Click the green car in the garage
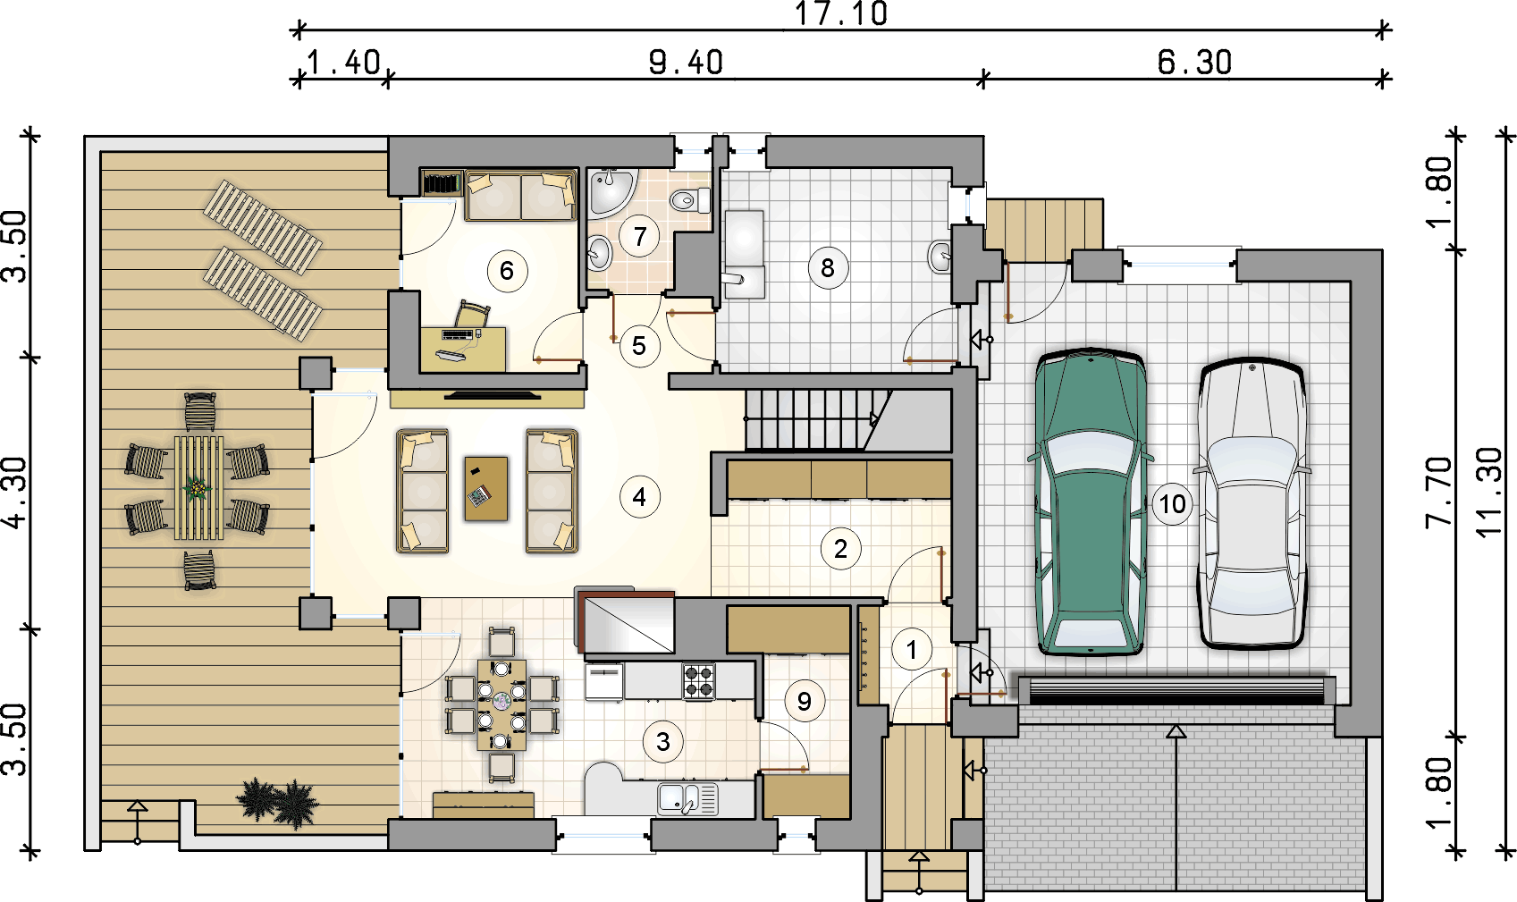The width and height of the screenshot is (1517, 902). click(1091, 502)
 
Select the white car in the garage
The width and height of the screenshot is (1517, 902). click(1252, 502)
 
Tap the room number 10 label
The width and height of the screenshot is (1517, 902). click(1172, 504)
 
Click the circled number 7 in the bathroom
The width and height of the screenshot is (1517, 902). click(639, 236)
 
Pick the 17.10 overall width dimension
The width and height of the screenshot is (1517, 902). click(840, 13)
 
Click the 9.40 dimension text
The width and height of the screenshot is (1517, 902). click(686, 63)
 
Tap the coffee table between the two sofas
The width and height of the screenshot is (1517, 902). click(485, 488)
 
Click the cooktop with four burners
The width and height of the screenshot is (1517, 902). click(698, 681)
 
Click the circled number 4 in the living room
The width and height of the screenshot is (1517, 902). click(639, 498)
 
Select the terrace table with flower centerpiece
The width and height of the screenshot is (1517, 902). click(198, 487)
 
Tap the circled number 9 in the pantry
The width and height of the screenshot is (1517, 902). click(805, 702)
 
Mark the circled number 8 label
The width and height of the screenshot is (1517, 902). click(828, 268)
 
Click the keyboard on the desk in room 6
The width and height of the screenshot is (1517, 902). click(457, 333)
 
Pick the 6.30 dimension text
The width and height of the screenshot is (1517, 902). click(1194, 63)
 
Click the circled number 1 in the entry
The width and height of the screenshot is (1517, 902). click(912, 650)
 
